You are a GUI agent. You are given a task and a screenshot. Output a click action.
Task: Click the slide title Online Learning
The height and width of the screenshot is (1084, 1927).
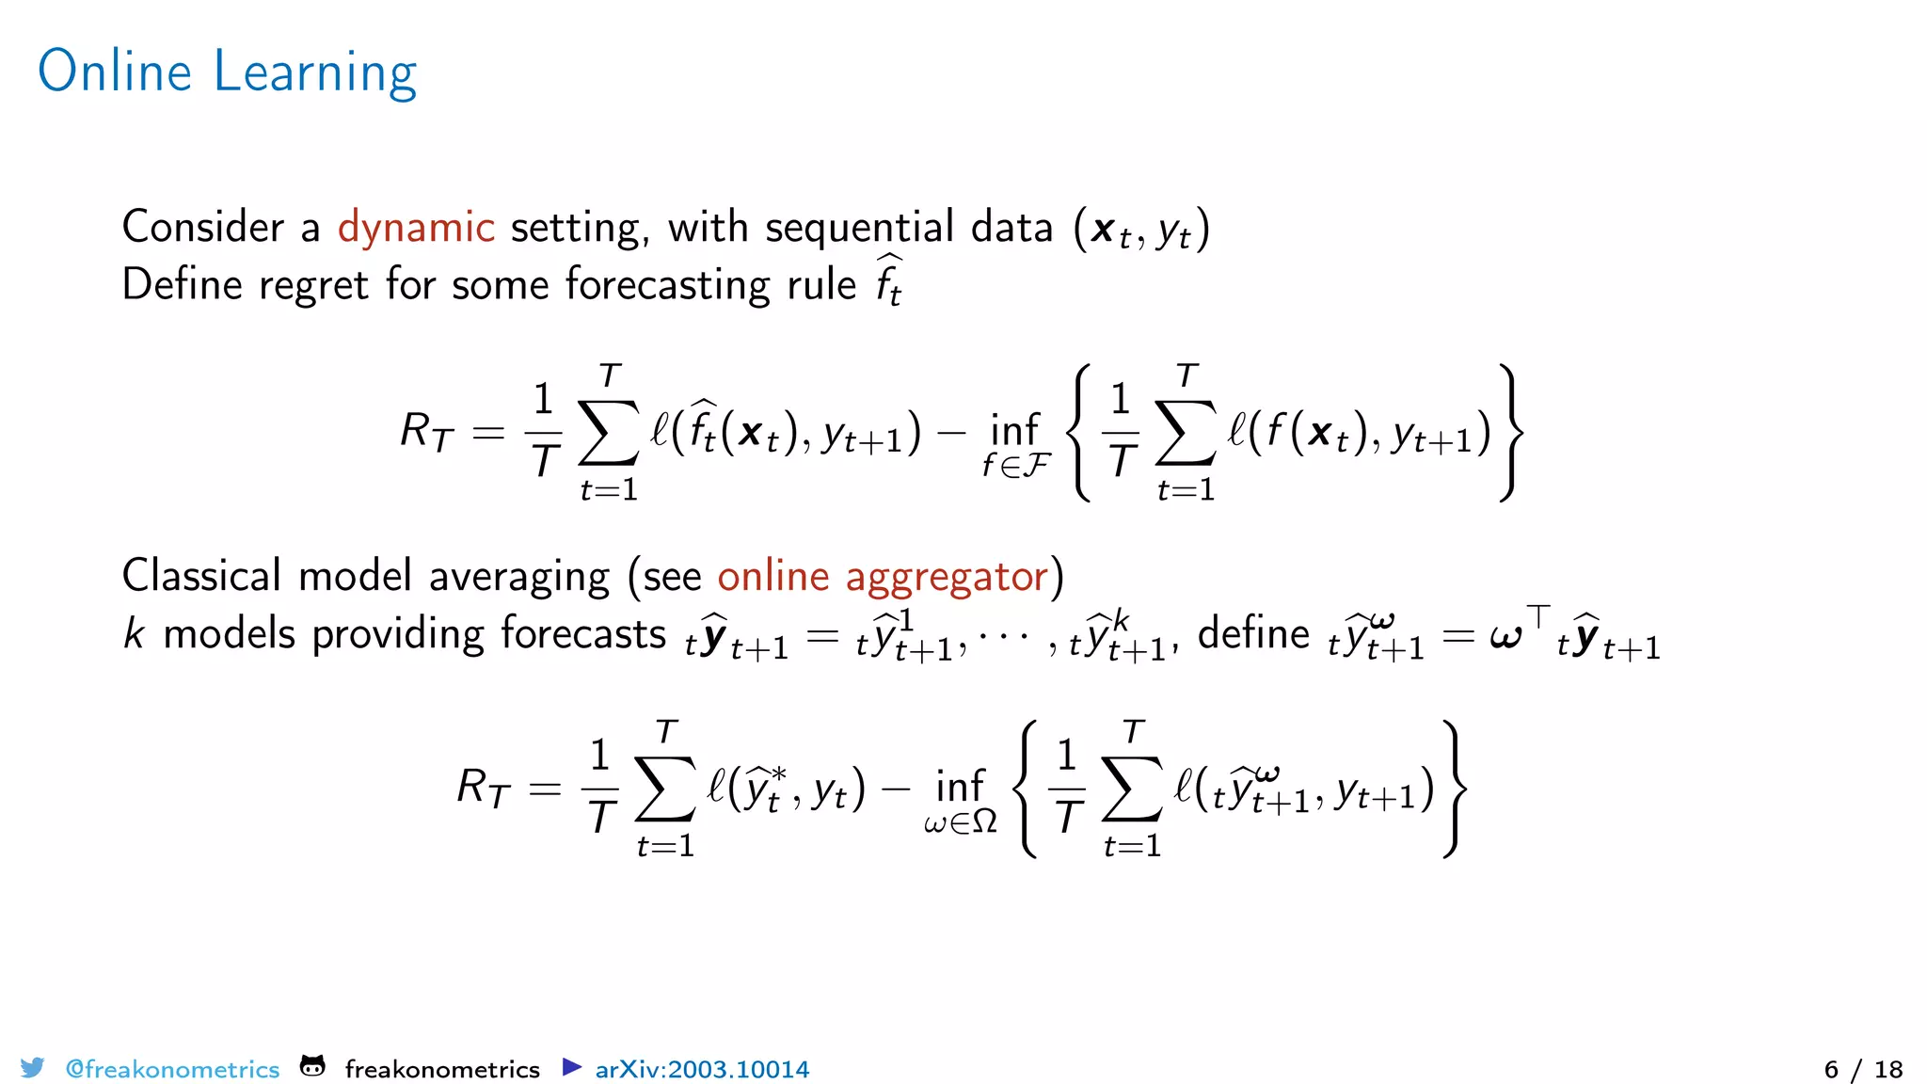(227, 72)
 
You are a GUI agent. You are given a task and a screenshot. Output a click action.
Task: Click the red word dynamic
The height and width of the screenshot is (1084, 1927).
(416, 228)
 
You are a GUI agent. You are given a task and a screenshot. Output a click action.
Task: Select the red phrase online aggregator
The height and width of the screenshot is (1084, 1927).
(883, 576)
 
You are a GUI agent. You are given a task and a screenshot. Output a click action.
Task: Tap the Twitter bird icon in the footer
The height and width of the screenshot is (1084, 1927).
(32, 1068)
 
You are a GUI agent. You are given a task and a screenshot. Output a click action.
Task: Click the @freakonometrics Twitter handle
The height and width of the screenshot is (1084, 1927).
(172, 1070)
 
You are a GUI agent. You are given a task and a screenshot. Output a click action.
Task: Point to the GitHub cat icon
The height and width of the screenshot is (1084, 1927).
(312, 1067)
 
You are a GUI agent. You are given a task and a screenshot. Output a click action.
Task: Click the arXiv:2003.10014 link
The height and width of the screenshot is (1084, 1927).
(702, 1070)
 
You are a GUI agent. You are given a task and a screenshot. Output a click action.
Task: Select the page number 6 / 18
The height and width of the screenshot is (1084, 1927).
(1863, 1070)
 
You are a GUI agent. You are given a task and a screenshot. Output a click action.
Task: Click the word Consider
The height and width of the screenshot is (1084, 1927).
(203, 228)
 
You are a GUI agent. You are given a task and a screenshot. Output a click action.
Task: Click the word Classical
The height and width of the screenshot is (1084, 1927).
(201, 576)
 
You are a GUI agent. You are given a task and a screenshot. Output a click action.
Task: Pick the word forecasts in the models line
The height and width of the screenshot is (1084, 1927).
(583, 633)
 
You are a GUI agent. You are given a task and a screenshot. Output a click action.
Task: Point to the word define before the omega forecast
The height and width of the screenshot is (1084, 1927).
(1253, 633)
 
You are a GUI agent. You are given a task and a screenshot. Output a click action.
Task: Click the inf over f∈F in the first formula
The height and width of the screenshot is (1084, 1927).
(1014, 431)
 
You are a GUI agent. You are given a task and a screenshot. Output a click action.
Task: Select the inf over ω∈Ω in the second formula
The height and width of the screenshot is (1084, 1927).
(960, 787)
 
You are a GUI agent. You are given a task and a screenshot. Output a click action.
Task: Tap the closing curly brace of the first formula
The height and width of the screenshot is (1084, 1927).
(1511, 433)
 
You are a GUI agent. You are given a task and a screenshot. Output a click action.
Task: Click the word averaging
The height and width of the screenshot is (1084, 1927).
(519, 576)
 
